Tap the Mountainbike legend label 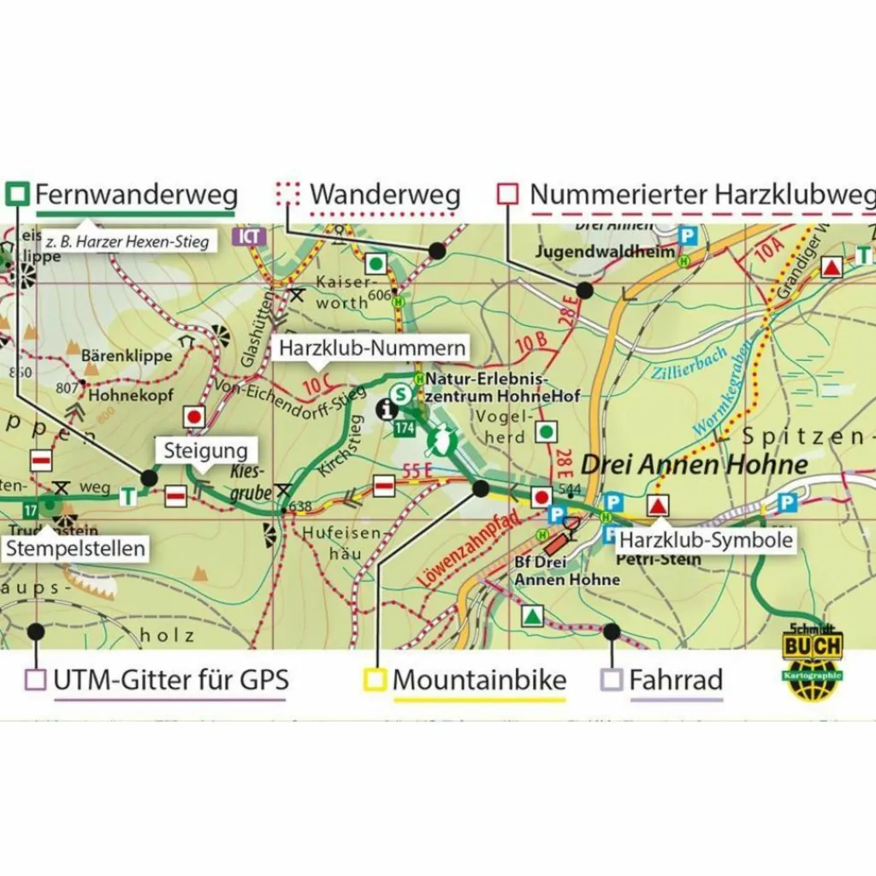[x=479, y=680]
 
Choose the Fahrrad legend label [x=676, y=680]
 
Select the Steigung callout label [x=205, y=451]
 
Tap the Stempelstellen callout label [x=74, y=548]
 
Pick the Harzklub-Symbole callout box [x=706, y=540]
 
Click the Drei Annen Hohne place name [x=694, y=465]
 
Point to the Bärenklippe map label [x=127, y=355]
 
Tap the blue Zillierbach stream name [x=689, y=364]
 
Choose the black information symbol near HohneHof [x=386, y=409]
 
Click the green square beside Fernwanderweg [x=17, y=194]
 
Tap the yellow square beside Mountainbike [x=375, y=680]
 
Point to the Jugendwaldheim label [x=593, y=252]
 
